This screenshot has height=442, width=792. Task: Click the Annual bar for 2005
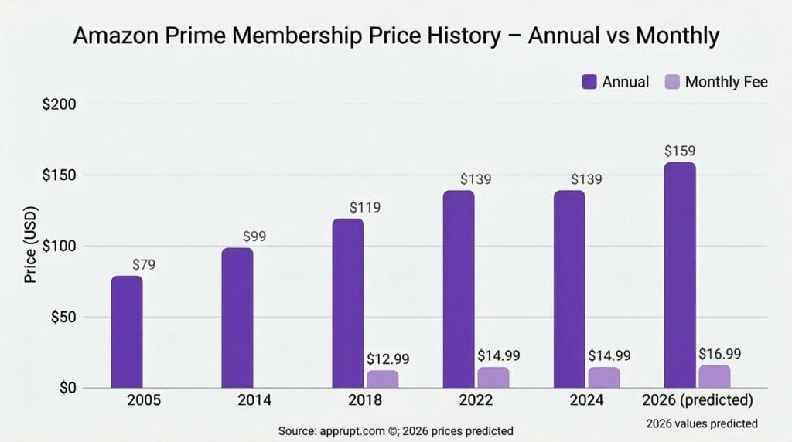point(126,332)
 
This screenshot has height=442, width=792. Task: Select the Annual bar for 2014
point(237,318)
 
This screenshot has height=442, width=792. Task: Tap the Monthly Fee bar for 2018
point(382,379)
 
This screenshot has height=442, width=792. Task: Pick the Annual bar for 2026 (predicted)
point(680,275)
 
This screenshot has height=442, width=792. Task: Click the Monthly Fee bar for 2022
point(493,378)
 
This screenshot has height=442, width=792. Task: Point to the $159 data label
point(680,150)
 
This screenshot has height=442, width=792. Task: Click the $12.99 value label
point(387,359)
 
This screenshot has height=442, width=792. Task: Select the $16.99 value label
point(720,355)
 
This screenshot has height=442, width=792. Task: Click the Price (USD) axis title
point(31,246)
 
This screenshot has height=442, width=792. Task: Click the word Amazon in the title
point(121,36)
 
